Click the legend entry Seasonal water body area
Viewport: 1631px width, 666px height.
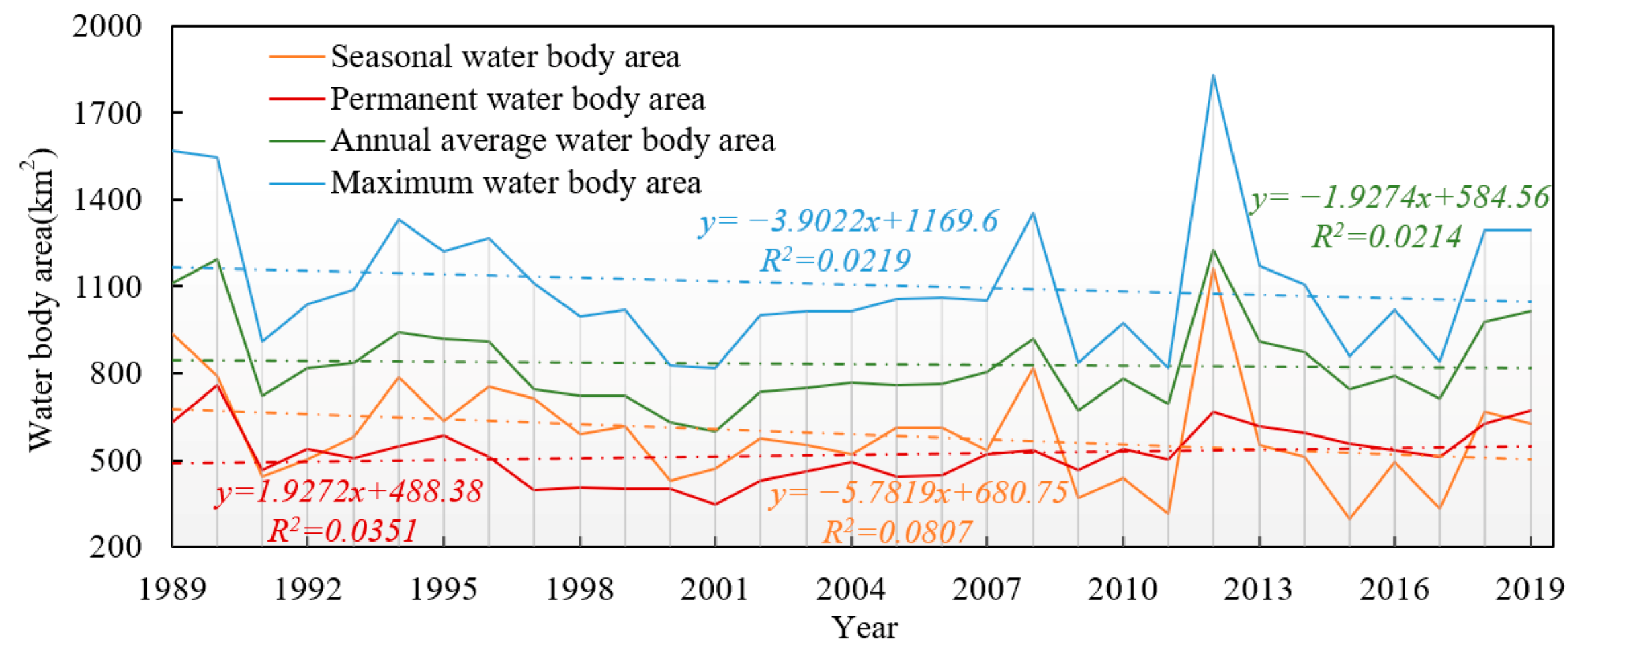[504, 56]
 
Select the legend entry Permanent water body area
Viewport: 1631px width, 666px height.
[517, 99]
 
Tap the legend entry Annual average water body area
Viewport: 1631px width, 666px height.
[552, 140]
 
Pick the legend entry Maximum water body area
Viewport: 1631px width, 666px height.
[515, 182]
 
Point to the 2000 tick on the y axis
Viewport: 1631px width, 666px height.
[107, 27]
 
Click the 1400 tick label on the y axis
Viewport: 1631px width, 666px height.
[107, 200]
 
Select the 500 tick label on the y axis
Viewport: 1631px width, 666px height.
[116, 461]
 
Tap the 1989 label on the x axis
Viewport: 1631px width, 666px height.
[172, 589]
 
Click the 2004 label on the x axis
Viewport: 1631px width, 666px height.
[851, 589]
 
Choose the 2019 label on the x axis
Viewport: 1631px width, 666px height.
[1530, 589]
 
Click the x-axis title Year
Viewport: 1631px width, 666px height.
[864, 628]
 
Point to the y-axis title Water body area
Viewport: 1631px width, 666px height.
[40, 299]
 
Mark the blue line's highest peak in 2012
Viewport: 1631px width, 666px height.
[1213, 75]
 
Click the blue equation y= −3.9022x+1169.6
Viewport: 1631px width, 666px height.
[848, 222]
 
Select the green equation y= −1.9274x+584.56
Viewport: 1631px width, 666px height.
[1400, 198]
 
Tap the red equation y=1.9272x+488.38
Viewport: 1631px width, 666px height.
[349, 492]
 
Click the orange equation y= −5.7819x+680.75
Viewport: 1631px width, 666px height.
[919, 493]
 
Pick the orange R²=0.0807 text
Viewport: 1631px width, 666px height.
[896, 532]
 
